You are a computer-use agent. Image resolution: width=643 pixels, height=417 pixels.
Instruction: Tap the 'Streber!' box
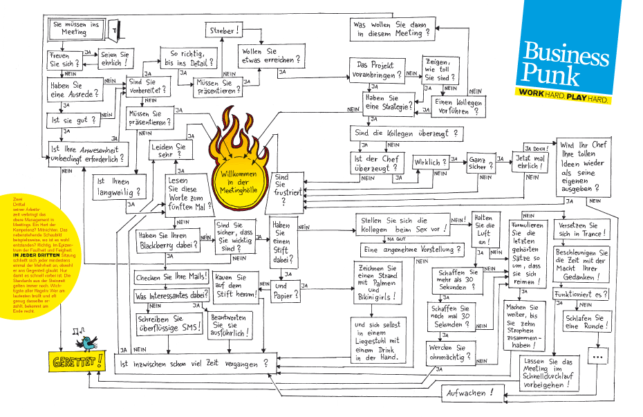coord(221,30)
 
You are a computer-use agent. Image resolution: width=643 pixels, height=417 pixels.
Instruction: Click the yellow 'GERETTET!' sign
coord(76,360)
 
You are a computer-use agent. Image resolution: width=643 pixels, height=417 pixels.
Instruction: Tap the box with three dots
coord(597,356)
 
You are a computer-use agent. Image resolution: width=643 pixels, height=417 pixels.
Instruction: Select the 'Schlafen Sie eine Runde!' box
coord(584,322)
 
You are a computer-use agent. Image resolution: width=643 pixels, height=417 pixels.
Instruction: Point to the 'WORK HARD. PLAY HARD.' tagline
coord(564,99)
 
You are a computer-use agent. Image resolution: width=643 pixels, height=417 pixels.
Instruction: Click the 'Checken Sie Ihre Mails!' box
coord(171,277)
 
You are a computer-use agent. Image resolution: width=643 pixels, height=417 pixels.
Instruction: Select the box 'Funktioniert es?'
coord(581,294)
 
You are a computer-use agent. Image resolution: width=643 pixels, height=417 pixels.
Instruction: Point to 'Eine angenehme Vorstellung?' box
coord(412,249)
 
